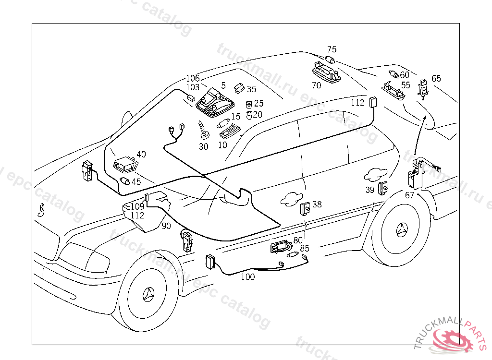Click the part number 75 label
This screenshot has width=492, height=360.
point(332,49)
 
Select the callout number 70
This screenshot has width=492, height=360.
point(316,85)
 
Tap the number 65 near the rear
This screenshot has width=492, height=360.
point(436,78)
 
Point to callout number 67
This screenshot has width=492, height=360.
point(409,195)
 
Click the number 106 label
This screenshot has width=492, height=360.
point(193,78)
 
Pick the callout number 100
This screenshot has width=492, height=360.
point(248,277)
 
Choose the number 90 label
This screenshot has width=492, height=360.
point(166,226)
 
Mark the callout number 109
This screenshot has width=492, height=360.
point(137,206)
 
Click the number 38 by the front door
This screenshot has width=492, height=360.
point(317,204)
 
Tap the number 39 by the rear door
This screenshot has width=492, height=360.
point(369,190)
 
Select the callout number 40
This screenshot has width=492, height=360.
point(141,154)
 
